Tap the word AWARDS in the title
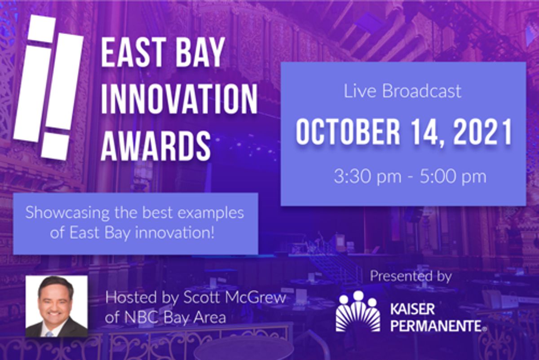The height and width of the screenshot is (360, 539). tap(155, 146)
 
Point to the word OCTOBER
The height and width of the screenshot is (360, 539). tap(348, 132)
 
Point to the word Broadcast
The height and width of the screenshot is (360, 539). tap(422, 92)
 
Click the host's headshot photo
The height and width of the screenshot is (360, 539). tap(57, 306)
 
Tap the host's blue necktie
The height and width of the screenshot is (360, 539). tap(50, 334)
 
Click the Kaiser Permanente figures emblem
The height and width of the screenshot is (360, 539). tap(358, 311)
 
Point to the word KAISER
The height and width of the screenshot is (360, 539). tap(412, 309)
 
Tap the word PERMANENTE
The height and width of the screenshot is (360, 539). tap(436, 326)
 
